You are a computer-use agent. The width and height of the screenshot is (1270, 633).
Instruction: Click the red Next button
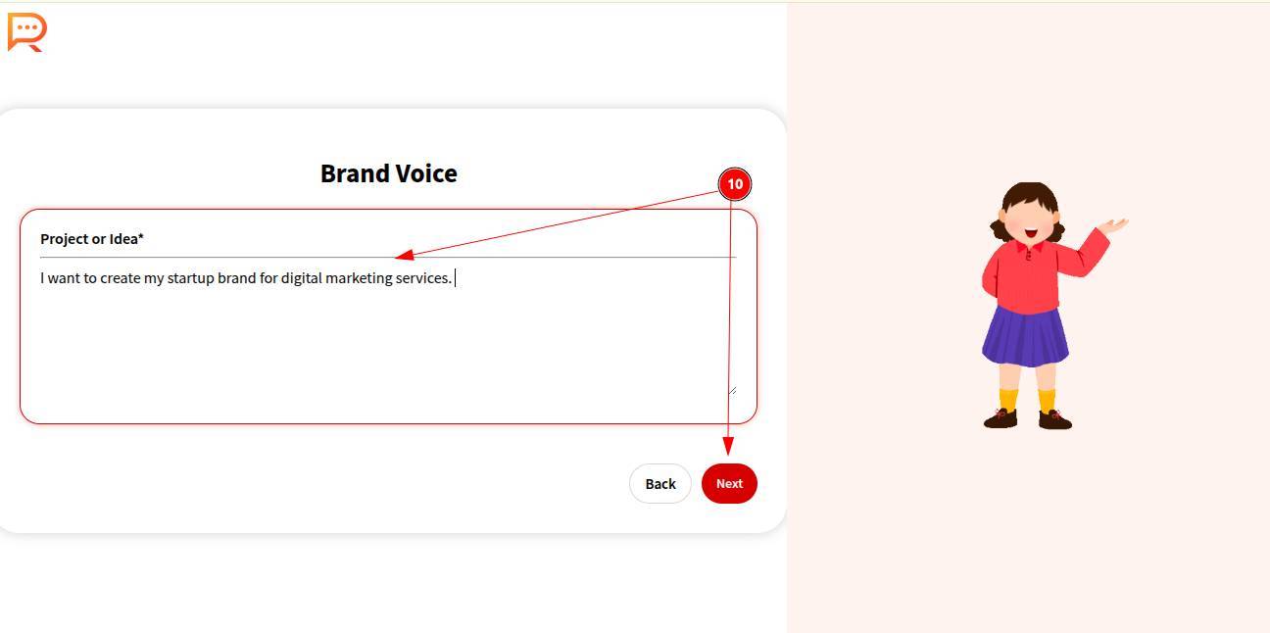[x=729, y=483]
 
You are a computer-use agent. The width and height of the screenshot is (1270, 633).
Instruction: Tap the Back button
[x=659, y=483]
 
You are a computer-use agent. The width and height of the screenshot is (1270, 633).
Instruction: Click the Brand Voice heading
[x=388, y=173]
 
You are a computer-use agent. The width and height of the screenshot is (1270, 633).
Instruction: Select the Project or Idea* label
[x=92, y=239]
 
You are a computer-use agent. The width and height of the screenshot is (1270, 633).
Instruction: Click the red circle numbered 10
[x=735, y=183]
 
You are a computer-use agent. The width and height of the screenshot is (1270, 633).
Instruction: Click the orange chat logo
[x=26, y=31]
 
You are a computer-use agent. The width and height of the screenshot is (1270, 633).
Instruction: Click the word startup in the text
[x=190, y=278]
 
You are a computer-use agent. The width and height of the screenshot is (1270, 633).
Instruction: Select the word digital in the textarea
[x=301, y=278]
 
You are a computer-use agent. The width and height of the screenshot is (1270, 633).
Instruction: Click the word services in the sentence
[x=423, y=278]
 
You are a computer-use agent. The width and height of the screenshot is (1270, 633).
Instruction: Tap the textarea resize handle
[x=733, y=390]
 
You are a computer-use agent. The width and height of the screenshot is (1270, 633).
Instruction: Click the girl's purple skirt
[x=1025, y=336]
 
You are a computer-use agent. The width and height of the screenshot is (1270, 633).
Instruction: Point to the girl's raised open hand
[x=1113, y=225]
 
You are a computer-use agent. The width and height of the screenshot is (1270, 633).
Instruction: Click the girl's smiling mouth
[x=1031, y=232]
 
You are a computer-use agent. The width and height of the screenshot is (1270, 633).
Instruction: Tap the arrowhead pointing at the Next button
[x=728, y=446]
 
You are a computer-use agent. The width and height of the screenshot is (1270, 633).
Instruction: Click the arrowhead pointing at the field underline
[x=405, y=255]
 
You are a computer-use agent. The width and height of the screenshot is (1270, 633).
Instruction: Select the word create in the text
[x=121, y=278]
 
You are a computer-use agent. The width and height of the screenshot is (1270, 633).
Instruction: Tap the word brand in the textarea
[x=237, y=278]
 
